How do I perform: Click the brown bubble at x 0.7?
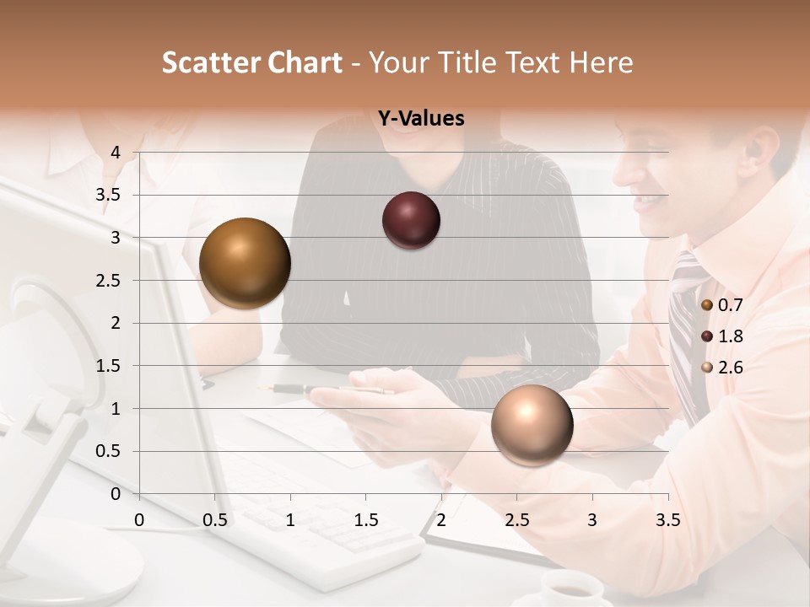245,263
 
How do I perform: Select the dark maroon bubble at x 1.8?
411,220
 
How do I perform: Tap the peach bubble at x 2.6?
532,425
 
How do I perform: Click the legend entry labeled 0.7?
728,305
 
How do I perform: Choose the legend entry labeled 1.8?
728,336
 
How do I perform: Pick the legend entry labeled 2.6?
728,368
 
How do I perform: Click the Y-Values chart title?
420,119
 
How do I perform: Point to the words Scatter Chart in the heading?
252,62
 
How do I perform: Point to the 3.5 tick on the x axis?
667,520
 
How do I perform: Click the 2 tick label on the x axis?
441,520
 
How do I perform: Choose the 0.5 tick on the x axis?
215,520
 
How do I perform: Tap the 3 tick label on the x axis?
592,520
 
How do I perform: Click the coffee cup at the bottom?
571,588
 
